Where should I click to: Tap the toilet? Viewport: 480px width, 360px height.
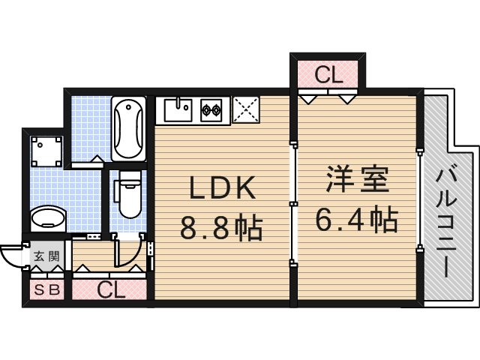click(x=130, y=193)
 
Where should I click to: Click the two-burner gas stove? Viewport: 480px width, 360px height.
click(x=211, y=112)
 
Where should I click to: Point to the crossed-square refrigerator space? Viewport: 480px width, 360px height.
click(x=245, y=111)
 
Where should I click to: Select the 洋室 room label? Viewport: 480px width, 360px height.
click(x=356, y=182)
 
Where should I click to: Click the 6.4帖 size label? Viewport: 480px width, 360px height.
click(x=356, y=219)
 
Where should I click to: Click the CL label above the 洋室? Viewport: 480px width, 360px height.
click(x=328, y=74)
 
